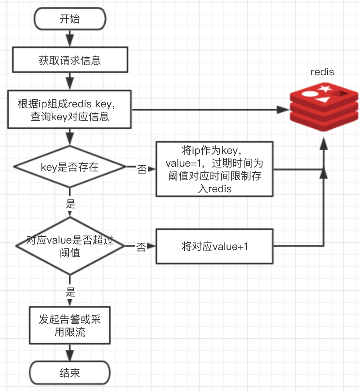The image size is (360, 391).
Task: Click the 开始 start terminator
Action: [70, 19]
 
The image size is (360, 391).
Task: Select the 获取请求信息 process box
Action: [70, 60]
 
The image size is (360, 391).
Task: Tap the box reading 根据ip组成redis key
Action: [70, 109]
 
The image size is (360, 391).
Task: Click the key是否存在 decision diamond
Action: [70, 167]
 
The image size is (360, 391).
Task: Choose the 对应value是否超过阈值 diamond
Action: [70, 246]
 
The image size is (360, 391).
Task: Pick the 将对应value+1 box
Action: [214, 246]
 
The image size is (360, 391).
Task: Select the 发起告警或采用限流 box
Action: [70, 325]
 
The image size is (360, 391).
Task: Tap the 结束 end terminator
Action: [70, 373]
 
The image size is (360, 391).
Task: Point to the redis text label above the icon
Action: [322, 72]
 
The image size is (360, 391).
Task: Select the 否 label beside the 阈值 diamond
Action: [141, 248]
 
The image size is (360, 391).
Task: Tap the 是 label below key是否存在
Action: [71, 204]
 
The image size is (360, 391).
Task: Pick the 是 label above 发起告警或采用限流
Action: [71, 291]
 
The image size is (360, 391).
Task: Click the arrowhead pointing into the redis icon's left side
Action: [283, 109]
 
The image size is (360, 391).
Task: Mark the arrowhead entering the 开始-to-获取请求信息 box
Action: [70, 41]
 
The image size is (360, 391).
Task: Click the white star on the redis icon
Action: [324, 89]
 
